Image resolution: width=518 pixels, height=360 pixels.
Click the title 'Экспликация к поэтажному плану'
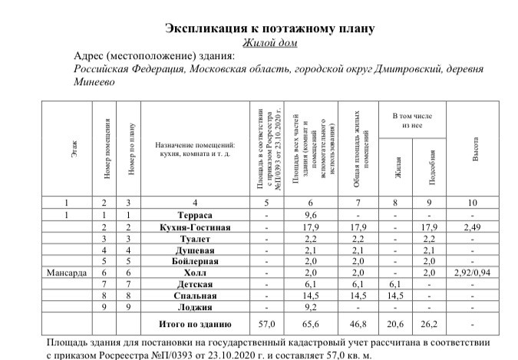pyautogui.click(x=270, y=29)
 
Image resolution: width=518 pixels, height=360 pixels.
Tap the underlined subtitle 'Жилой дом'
pyautogui.click(x=270, y=43)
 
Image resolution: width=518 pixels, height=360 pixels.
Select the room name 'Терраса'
pyautogui.click(x=194, y=216)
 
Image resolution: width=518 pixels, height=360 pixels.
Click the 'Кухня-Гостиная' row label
pyautogui.click(x=194, y=228)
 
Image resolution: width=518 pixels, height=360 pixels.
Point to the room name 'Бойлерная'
pyautogui.click(x=194, y=262)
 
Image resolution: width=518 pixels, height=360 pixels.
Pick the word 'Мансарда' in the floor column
pyautogui.click(x=68, y=272)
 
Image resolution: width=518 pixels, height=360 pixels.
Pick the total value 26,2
pyautogui.click(x=430, y=325)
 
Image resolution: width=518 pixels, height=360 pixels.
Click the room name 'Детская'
pyautogui.click(x=194, y=284)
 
